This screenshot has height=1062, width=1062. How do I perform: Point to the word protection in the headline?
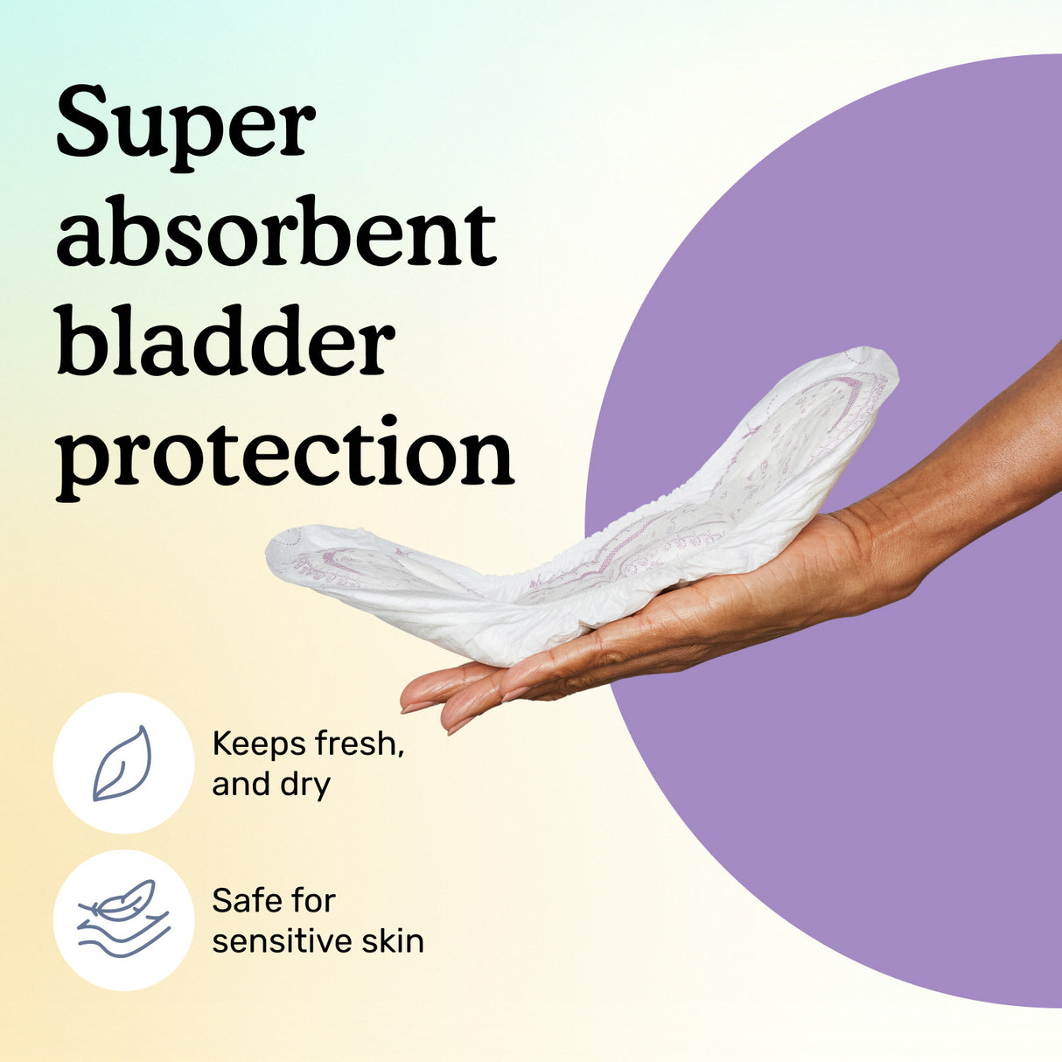point(285,453)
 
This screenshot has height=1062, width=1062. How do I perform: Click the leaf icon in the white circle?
point(122,763)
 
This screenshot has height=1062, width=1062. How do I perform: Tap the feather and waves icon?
point(122,919)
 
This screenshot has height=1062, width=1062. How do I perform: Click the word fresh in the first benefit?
point(359,744)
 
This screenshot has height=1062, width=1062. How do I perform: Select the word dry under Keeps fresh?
point(304,785)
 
